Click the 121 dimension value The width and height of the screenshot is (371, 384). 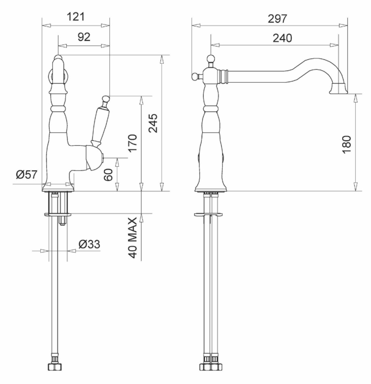75,17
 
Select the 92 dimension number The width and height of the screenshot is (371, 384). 84,37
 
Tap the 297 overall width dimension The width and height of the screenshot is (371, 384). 277,19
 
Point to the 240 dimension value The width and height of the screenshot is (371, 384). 282,38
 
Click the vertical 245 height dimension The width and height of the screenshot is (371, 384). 153,123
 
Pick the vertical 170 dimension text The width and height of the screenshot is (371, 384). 132,143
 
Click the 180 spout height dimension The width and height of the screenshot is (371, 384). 346,144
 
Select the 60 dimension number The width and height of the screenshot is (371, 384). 108,175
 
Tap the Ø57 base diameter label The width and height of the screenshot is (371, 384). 27,175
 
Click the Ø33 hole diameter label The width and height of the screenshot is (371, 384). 89,244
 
